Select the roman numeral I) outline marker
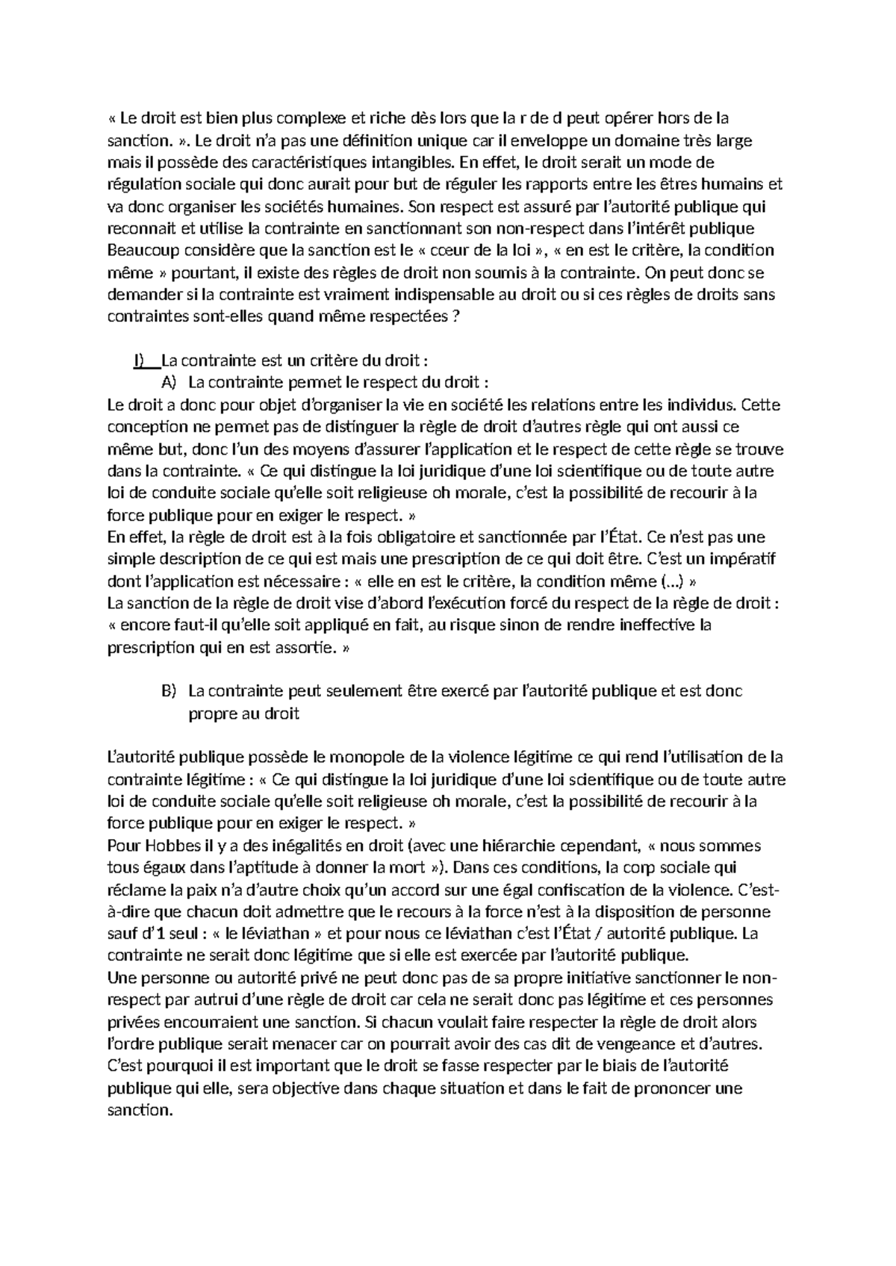pyautogui.click(x=140, y=361)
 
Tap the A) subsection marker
pyautogui.click(x=167, y=383)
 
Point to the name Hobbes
pyautogui.click(x=161, y=846)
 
